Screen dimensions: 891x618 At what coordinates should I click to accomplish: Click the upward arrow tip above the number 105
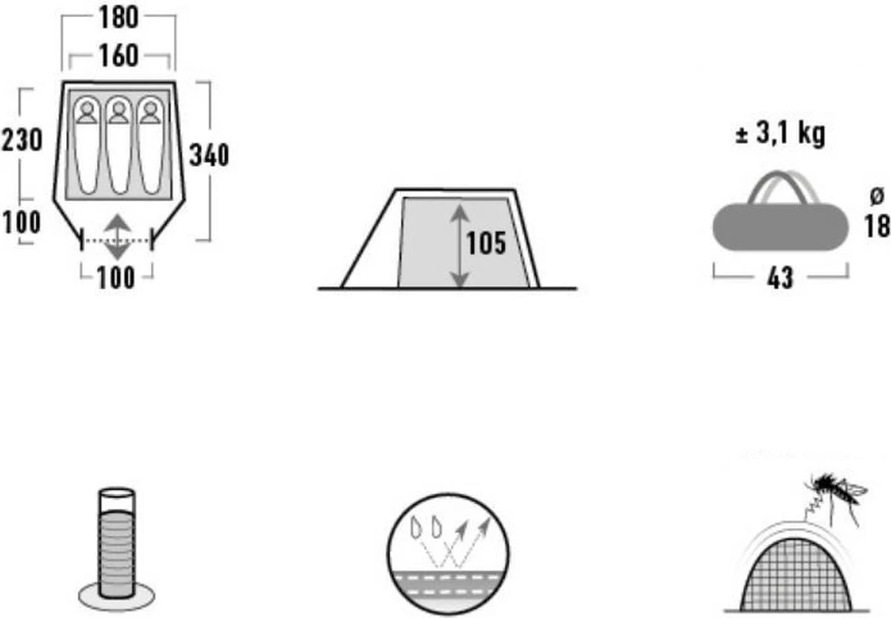(460, 205)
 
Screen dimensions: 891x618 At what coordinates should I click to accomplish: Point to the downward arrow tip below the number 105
(460, 287)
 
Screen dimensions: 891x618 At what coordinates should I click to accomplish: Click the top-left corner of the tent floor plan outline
(63, 82)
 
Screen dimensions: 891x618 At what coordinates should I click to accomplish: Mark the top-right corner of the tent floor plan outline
(174, 82)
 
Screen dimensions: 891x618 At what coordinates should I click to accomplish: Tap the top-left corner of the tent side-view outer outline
(395, 190)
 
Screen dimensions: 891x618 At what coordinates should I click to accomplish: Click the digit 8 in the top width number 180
(119, 18)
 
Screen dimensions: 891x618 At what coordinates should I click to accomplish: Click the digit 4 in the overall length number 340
(209, 155)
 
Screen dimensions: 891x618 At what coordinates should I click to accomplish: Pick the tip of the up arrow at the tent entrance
(118, 215)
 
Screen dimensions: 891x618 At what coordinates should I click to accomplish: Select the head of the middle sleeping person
(118, 108)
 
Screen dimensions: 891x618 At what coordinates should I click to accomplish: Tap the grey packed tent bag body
(780, 227)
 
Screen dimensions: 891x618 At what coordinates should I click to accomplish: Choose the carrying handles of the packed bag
(782, 187)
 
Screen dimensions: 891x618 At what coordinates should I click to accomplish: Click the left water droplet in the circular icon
(417, 527)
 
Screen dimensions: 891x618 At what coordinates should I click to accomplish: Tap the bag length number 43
(780, 278)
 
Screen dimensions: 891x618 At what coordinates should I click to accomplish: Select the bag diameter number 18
(877, 226)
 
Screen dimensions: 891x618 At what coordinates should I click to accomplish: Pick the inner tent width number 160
(119, 55)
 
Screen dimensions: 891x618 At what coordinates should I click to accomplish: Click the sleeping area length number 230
(22, 140)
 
